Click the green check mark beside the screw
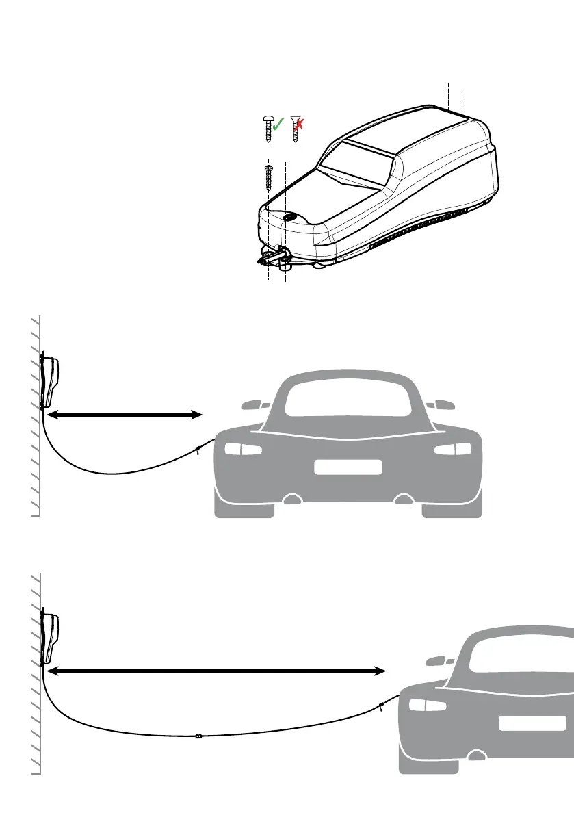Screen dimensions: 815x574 pyautogui.click(x=278, y=125)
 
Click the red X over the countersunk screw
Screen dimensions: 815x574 pyautogui.click(x=300, y=124)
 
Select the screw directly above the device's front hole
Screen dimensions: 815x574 pyautogui.click(x=268, y=177)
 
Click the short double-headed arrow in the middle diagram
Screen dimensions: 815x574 pyautogui.click(x=126, y=414)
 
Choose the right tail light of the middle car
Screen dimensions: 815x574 pyautogui.click(x=452, y=449)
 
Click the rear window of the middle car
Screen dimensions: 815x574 pyautogui.click(x=348, y=396)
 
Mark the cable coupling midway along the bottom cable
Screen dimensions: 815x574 pyautogui.click(x=197, y=737)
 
